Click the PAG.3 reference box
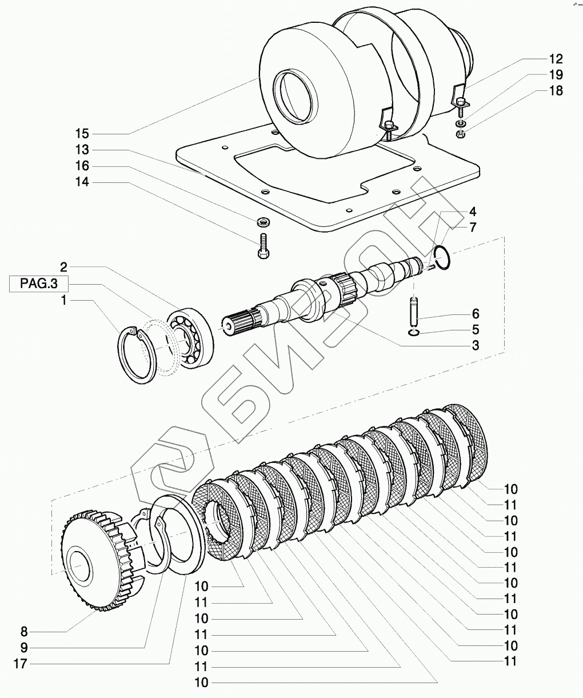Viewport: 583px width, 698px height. click(x=38, y=283)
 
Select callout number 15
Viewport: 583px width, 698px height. click(x=82, y=134)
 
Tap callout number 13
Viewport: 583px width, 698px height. click(x=82, y=150)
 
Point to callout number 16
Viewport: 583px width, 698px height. click(x=82, y=166)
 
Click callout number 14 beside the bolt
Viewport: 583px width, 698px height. click(x=82, y=182)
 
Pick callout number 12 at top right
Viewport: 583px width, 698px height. click(x=556, y=59)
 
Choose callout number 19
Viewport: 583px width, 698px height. click(x=556, y=75)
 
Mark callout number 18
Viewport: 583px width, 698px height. click(x=556, y=91)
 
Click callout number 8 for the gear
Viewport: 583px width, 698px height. click(x=24, y=632)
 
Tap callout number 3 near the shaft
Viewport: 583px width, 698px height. click(x=475, y=346)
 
